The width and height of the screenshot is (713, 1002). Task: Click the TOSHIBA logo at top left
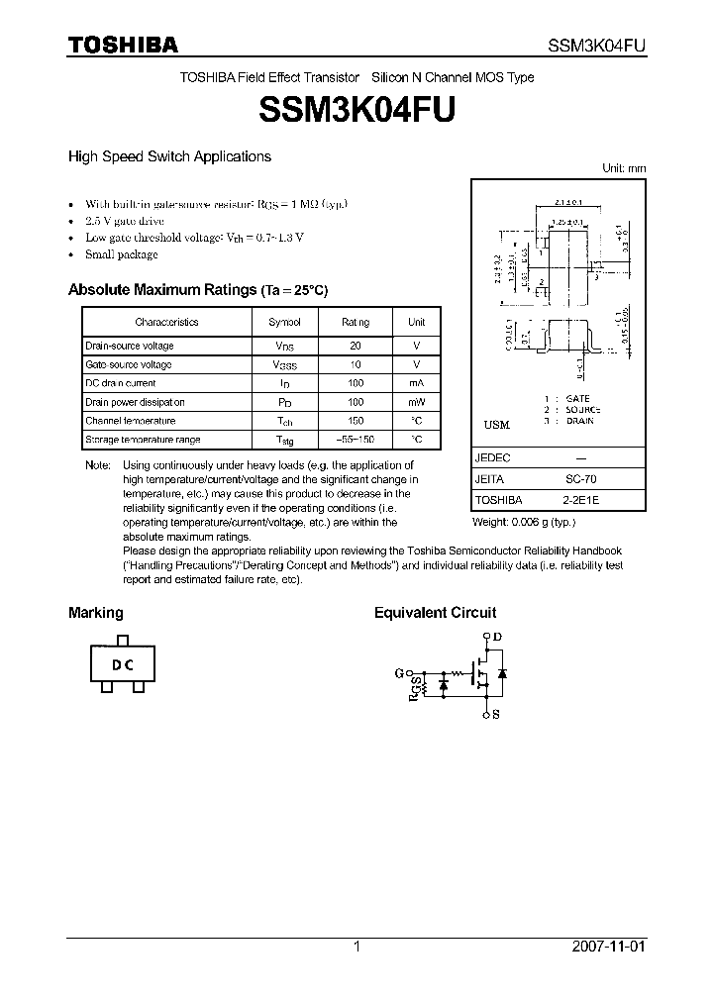[122, 46]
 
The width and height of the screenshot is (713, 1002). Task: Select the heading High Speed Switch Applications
[169, 156]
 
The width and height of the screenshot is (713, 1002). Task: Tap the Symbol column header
[285, 322]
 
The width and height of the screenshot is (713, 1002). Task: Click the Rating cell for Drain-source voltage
[356, 346]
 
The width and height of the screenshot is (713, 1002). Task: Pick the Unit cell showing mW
[417, 402]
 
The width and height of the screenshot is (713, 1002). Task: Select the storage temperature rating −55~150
[356, 440]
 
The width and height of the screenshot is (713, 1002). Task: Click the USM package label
[496, 425]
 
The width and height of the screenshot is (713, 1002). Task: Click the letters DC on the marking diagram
[123, 665]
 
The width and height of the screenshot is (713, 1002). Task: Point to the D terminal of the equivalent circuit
[496, 636]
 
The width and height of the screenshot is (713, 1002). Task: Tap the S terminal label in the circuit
[496, 712]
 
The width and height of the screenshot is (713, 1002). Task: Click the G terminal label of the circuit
[399, 673]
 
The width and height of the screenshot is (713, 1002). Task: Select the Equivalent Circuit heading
[435, 613]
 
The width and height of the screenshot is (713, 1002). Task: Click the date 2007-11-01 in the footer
[608, 947]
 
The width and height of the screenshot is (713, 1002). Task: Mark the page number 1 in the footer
[356, 947]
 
